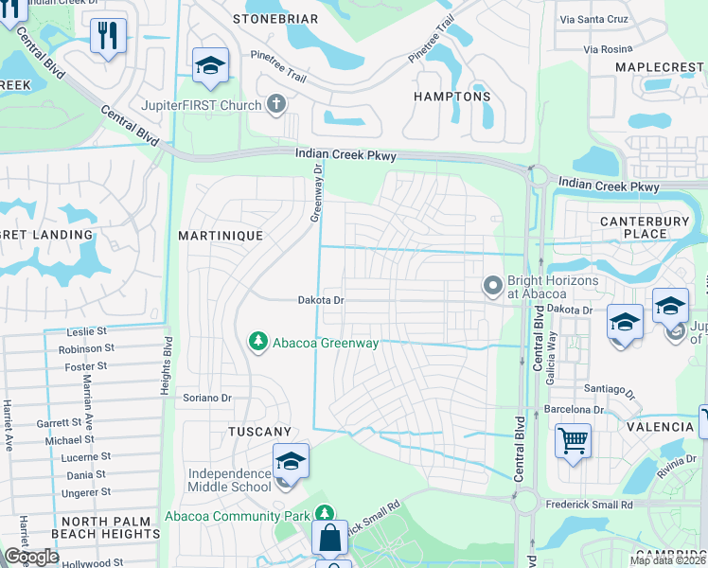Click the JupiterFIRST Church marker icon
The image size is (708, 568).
click(276, 103)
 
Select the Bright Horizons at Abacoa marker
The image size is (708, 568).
click(492, 285)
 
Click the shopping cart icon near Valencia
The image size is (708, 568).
click(573, 440)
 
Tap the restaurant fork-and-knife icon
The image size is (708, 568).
click(108, 37)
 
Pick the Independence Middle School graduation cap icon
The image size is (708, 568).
click(291, 462)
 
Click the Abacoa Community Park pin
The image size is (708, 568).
click(325, 514)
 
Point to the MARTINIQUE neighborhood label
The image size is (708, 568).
click(221, 234)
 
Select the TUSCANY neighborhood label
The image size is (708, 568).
click(259, 431)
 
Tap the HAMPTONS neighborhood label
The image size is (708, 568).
click(452, 97)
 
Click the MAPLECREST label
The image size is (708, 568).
click(660, 67)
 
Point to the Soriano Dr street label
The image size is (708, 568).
click(207, 398)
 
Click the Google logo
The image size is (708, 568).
click(31, 557)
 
